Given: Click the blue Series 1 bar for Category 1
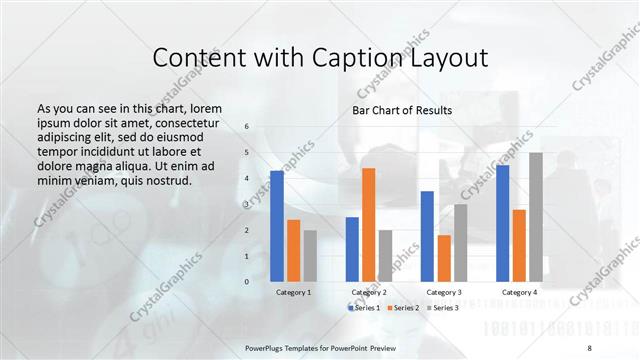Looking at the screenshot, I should pyautogui.click(x=277, y=226).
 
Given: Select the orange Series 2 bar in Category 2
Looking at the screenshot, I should pyautogui.click(x=368, y=225).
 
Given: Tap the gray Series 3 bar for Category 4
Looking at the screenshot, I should pyautogui.click(x=535, y=217).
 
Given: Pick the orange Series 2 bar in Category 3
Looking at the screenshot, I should pyautogui.click(x=443, y=258).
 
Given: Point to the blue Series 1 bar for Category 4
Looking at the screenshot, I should pyautogui.click(x=502, y=223).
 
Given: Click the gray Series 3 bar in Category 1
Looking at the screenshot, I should pyautogui.click(x=310, y=256).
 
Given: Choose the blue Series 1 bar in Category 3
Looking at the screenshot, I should pyautogui.click(x=427, y=236).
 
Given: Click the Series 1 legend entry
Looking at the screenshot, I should pyautogui.click(x=363, y=308).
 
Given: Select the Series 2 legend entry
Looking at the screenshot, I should pyautogui.click(x=403, y=308).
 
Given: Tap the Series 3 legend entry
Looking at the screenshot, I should pyautogui.click(x=443, y=308).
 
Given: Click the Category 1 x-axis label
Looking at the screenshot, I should pyautogui.click(x=293, y=292).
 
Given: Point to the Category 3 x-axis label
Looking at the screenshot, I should pyautogui.click(x=443, y=292).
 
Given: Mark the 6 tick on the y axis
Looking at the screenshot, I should pyautogui.click(x=247, y=127).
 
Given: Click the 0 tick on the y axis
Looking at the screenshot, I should pyautogui.click(x=247, y=282).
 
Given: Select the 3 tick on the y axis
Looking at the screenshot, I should pyautogui.click(x=247, y=204).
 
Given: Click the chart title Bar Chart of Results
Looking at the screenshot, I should pyautogui.click(x=402, y=110).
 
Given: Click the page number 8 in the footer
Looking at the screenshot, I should pyautogui.click(x=588, y=347).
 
